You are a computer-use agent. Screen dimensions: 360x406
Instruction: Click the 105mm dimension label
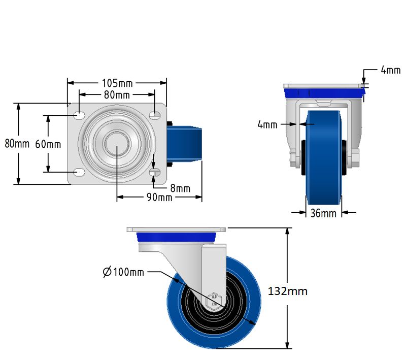(117, 83)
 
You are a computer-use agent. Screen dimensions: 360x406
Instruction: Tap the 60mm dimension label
(48, 144)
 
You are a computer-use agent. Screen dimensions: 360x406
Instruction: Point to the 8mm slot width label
(180, 188)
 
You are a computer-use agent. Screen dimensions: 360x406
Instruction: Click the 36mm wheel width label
(323, 213)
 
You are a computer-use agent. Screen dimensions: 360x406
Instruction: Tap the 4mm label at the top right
(390, 71)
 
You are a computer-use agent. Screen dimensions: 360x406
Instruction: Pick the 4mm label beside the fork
(267, 124)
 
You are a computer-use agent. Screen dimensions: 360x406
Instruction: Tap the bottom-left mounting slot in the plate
(79, 172)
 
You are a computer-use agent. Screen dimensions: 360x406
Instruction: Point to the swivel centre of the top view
(117, 144)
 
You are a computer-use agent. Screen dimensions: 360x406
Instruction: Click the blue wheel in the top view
(186, 144)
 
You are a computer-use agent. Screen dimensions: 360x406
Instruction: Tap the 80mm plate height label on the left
(17, 144)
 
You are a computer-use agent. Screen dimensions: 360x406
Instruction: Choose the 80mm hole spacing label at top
(117, 95)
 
